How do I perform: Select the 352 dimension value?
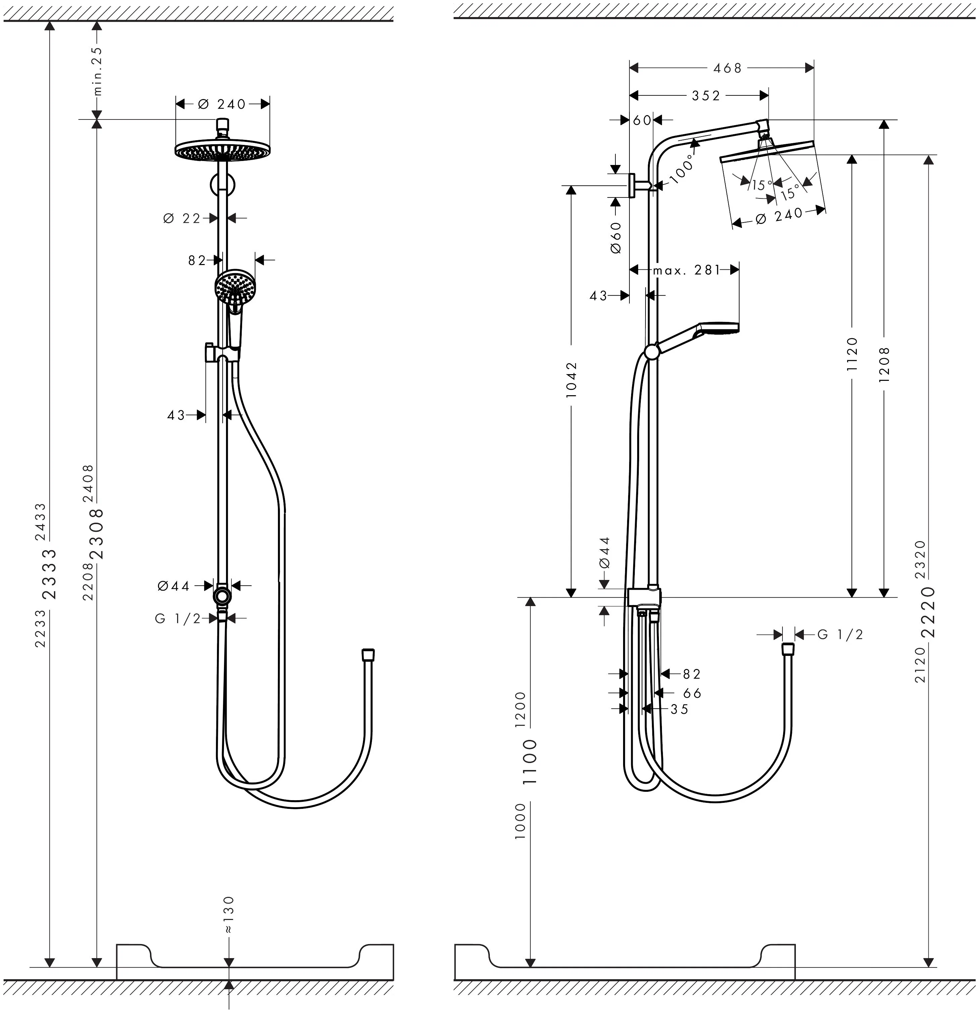[x=706, y=96]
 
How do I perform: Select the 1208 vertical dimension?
[x=884, y=364]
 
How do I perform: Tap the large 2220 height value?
[x=929, y=612]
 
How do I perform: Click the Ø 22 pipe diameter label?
[x=182, y=219]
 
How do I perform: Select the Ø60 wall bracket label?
[x=615, y=238]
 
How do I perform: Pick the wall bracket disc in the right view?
[x=632, y=185]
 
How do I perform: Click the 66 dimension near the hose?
[x=692, y=693]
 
